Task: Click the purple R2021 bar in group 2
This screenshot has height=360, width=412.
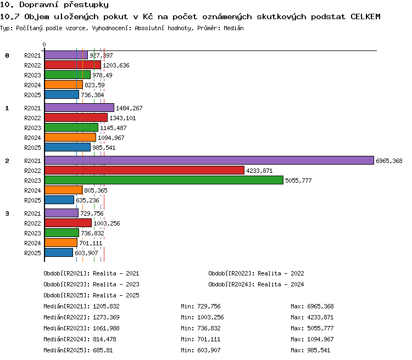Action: [209, 160]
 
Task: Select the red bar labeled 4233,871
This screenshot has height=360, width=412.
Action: [144, 171]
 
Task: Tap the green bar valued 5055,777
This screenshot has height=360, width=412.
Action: [164, 180]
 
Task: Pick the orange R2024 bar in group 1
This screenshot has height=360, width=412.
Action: [70, 137]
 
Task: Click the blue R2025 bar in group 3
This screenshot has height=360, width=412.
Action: [59, 252]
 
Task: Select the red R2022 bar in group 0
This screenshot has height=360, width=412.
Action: [73, 65]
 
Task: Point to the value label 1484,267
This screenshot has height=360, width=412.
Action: [129, 108]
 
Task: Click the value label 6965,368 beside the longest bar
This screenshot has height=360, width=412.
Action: [389, 161]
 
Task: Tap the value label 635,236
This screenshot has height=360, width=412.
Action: [87, 200]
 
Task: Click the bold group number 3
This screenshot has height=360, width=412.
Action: [7, 213]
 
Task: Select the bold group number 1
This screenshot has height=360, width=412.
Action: [7, 108]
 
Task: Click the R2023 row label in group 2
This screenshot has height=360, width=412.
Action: [32, 181]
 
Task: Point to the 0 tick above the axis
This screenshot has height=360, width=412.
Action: [44, 44]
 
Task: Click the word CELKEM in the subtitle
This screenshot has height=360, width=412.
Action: [365, 16]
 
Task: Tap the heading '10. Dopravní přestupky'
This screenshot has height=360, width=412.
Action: [54, 5]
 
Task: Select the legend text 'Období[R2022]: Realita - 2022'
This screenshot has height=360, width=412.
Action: [256, 273]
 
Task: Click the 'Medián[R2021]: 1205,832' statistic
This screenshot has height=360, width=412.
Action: [81, 306]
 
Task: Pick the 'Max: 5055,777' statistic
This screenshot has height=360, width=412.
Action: [312, 328]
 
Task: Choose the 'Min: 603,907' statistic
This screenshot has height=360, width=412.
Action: [201, 350]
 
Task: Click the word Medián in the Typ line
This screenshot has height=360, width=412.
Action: [233, 28]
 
